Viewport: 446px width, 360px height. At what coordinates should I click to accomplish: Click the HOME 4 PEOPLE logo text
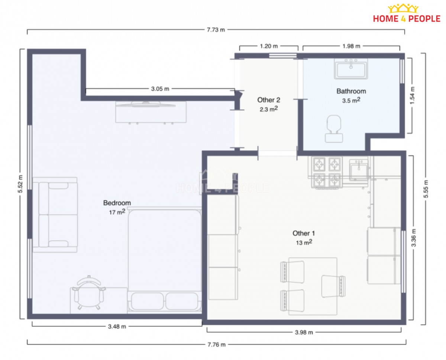(407, 19)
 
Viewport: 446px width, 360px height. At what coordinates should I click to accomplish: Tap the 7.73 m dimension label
(216, 30)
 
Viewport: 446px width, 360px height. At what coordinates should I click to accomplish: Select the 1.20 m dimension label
(269, 46)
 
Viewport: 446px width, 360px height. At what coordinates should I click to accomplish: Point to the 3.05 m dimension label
(160, 89)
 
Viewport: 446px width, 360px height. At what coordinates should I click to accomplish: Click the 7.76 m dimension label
(216, 345)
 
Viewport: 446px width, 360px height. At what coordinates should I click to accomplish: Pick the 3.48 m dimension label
(117, 327)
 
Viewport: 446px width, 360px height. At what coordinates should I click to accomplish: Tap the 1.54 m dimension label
(412, 95)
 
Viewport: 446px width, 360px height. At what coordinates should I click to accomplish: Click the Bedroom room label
(117, 203)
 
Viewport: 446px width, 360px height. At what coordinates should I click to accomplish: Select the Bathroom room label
(351, 91)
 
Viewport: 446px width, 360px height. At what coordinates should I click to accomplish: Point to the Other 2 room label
(269, 100)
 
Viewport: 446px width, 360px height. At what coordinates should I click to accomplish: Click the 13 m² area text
(304, 242)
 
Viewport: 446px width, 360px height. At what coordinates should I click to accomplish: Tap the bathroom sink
(351, 69)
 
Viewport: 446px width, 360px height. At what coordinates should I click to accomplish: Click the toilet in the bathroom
(334, 129)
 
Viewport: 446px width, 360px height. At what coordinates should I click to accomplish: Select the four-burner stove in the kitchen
(327, 173)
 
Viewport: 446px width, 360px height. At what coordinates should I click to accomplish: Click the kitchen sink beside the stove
(359, 170)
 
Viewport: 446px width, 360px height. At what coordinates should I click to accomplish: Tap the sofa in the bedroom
(55, 215)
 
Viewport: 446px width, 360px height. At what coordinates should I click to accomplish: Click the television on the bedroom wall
(145, 104)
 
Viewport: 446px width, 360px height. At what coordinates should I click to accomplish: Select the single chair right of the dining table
(333, 286)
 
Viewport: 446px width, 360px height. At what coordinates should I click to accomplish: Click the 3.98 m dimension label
(304, 332)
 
